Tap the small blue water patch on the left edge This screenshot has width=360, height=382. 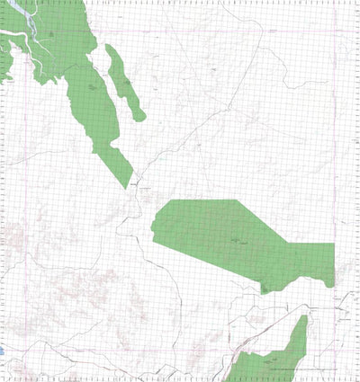[x=2, y=350]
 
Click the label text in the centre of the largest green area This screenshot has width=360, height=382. [x=238, y=242]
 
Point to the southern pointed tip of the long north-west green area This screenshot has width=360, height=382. [x=127, y=187]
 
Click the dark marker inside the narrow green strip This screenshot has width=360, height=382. [x=126, y=84]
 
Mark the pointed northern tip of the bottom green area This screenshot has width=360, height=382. [x=304, y=316]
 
